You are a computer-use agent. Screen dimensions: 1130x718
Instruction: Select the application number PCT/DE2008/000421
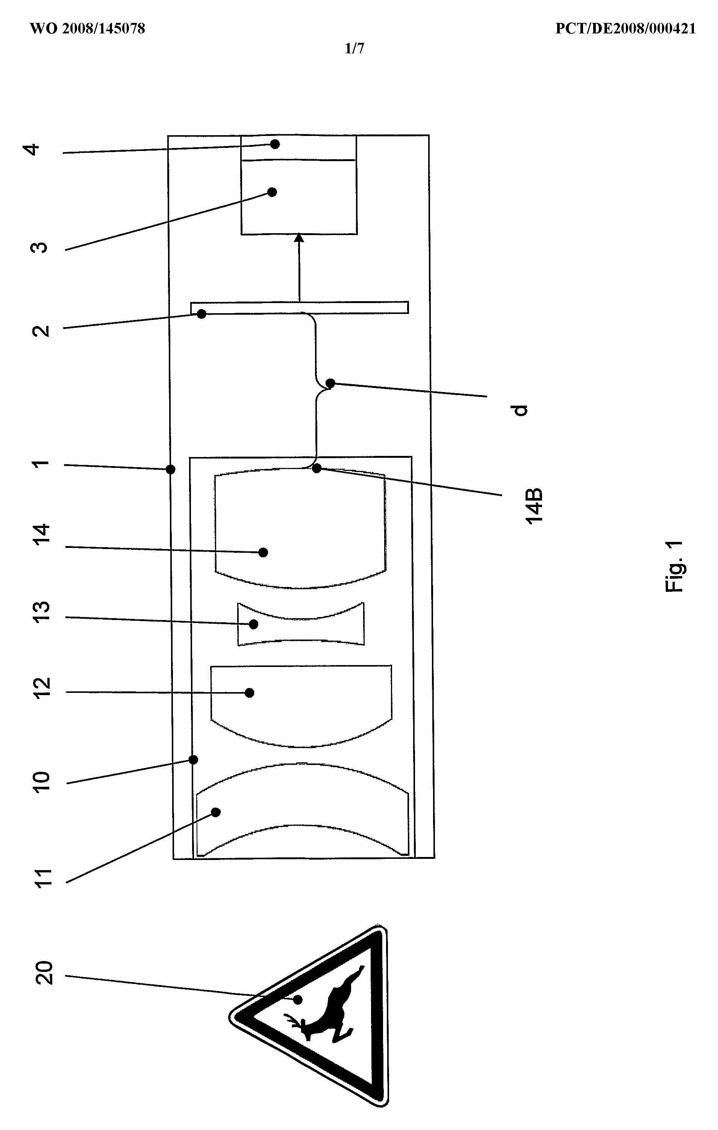625,29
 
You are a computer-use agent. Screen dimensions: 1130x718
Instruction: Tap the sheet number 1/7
354,48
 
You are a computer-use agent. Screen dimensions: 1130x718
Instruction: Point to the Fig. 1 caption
674,566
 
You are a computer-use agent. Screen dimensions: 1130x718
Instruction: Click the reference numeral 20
44,972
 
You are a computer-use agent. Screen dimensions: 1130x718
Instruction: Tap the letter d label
520,410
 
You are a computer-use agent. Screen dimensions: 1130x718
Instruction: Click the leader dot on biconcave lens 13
254,624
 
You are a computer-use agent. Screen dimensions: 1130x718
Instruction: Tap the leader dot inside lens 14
264,552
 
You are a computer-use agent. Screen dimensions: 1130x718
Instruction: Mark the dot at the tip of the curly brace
330,383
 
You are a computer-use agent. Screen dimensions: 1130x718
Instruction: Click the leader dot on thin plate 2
201,314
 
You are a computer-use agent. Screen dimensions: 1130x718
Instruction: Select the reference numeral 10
42,781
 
